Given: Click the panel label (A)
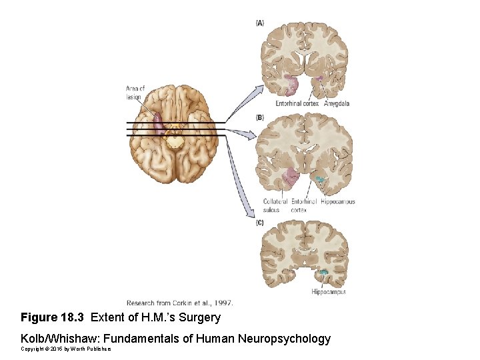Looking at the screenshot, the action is click(x=260, y=23).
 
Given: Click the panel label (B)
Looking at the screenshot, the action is click(x=260, y=117).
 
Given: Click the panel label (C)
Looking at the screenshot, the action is click(x=260, y=222).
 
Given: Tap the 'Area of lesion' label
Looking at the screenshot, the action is click(x=135, y=93).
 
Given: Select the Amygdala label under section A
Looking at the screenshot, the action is click(x=337, y=104).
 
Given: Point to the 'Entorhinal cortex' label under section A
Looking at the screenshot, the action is click(x=297, y=104).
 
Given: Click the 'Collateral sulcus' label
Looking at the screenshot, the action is click(x=275, y=205).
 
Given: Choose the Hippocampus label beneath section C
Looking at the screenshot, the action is click(x=328, y=292).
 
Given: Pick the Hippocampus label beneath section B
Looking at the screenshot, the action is click(x=337, y=201).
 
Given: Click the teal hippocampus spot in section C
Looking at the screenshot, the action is click(x=324, y=272).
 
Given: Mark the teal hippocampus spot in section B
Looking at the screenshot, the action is click(x=321, y=179).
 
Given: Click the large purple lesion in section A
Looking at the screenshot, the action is click(x=289, y=85).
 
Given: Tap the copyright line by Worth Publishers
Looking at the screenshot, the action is click(x=65, y=349).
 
